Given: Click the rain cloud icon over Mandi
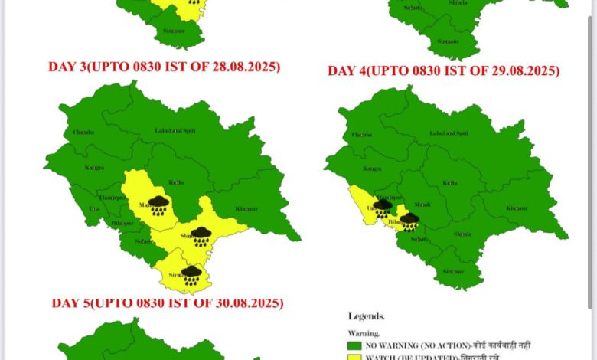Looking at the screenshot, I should (158, 205).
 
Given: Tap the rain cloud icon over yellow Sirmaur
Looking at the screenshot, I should (191, 274).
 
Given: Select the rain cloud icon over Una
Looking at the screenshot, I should (383, 206).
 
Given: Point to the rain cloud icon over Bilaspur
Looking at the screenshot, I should (409, 221).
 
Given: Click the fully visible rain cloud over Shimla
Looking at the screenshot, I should (201, 235).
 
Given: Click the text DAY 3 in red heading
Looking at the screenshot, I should (67, 67).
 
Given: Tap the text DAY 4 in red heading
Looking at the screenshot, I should (346, 71).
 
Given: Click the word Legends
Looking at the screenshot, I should (367, 316).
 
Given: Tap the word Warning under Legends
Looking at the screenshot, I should (364, 333).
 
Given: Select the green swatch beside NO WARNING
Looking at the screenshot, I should (354, 345).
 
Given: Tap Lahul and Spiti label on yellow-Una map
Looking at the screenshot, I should (448, 133).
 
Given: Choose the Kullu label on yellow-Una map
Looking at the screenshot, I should (449, 184).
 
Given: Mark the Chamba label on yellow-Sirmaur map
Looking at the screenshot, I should (83, 132).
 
